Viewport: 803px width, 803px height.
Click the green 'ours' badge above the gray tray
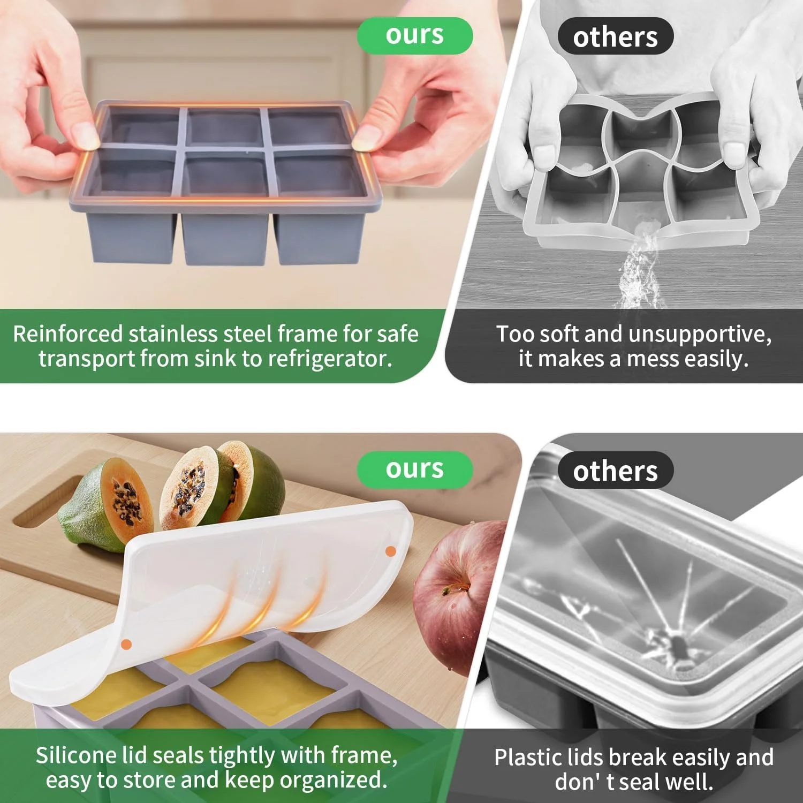click(x=415, y=35)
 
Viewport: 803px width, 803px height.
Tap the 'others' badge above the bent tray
click(x=615, y=36)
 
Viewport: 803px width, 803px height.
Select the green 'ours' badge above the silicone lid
click(x=415, y=469)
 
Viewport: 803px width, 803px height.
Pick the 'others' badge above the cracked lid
click(x=615, y=471)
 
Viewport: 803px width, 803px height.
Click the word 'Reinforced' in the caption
click(x=68, y=334)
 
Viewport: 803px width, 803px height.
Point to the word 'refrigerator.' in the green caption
click(x=330, y=359)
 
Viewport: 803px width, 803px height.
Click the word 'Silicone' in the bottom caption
click(x=76, y=755)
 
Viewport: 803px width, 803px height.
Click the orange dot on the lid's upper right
click(x=391, y=551)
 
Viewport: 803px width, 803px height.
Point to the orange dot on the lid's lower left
click(x=126, y=645)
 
